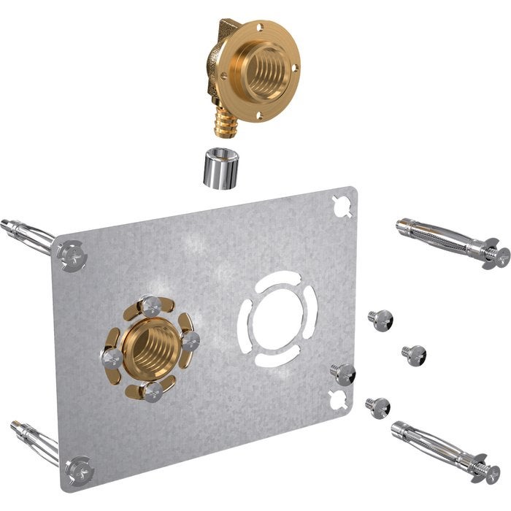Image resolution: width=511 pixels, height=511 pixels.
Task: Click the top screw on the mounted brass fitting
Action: click(151, 306)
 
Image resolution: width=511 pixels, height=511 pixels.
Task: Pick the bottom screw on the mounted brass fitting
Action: click(152, 391)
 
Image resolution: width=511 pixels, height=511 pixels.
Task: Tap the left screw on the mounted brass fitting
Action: click(112, 357)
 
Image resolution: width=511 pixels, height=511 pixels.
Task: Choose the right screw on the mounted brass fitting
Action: click(190, 340)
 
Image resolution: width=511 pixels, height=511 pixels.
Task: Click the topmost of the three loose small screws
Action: click(380, 318)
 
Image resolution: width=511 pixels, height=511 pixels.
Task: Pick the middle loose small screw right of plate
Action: click(413, 355)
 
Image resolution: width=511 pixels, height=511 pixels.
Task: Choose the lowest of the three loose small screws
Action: click(378, 406)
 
